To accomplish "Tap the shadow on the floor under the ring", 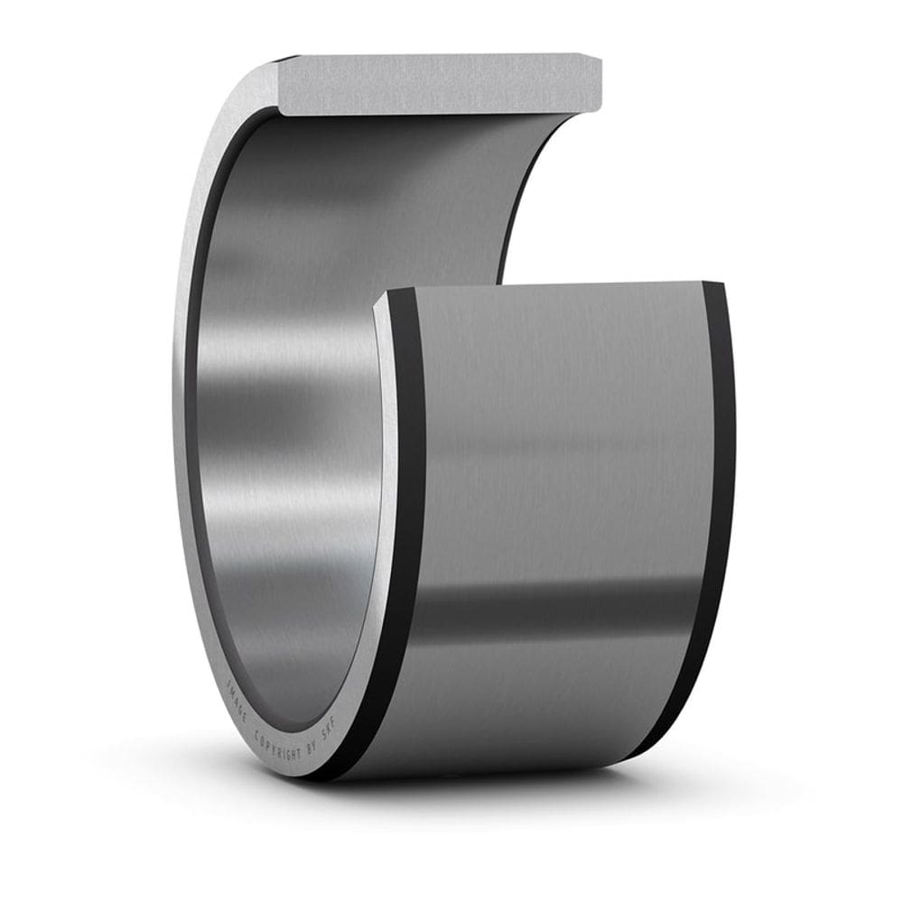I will click(x=506, y=799).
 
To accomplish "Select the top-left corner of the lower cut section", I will click(x=383, y=294).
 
